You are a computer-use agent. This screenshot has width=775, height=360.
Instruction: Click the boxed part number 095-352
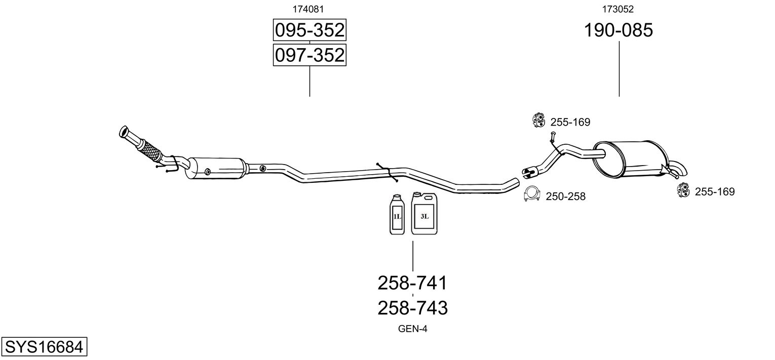[x=309, y=31]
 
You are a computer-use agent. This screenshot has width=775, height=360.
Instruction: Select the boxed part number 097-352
[x=309, y=55]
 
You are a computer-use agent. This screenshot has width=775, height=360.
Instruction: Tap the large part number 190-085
[x=618, y=31]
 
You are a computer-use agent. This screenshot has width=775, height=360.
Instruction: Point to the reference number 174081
[x=308, y=9]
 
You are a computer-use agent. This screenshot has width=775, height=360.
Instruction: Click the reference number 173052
[x=618, y=9]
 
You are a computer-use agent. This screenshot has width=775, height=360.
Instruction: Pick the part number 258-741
[x=412, y=283]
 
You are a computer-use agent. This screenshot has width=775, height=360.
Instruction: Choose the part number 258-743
[x=412, y=307]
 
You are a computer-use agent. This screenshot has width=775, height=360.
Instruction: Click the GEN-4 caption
[x=413, y=329]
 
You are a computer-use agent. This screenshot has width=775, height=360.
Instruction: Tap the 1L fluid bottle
[x=397, y=215]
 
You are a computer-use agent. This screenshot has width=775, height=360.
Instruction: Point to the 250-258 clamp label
[x=565, y=196]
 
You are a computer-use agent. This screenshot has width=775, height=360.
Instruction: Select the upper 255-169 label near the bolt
[x=570, y=122]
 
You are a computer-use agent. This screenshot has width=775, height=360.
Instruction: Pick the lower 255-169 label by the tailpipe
[x=714, y=191]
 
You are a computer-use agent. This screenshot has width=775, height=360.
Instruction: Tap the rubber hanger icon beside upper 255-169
[x=538, y=120]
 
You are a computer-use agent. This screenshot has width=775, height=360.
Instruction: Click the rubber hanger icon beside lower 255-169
[x=683, y=190]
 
